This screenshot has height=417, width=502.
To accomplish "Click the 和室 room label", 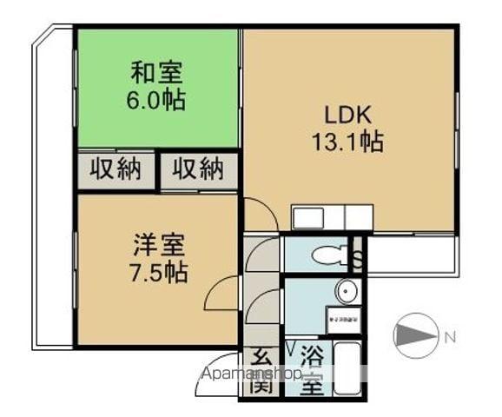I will pos(157,70).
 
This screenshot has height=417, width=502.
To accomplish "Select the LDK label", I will pos(348,113).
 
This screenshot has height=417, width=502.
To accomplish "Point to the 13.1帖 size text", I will pos(348,140).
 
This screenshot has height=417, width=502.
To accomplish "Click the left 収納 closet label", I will pos(117,169).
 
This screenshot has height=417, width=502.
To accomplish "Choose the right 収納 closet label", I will pos(198,169).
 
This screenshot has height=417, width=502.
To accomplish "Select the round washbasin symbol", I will pos(347,290).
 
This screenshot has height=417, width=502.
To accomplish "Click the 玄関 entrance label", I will pos(260,369).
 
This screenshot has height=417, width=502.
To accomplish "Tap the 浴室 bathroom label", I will pos(310,369).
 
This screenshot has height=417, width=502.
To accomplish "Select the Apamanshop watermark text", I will pos(251,374).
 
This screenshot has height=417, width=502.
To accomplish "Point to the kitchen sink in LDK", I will pos(307,217).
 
